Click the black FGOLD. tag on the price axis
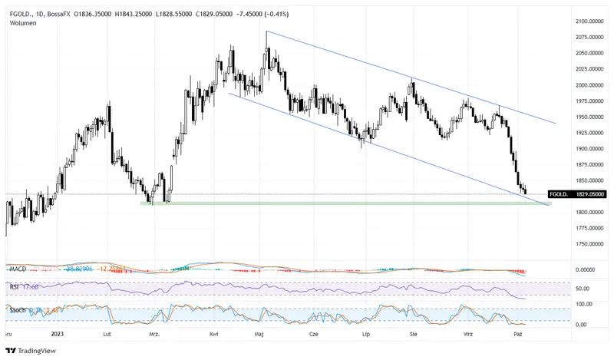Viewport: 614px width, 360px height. [558, 195]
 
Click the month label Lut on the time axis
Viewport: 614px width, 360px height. [107, 335]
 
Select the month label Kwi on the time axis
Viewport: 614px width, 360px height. [214, 335]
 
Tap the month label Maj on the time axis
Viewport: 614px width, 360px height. [260, 335]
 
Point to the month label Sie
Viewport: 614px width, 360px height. [414, 335]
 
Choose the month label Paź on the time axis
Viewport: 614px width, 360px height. [518, 335]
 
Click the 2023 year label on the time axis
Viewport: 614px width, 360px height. [57, 335]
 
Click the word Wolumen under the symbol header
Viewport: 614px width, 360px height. [24, 23]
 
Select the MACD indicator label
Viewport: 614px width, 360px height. [18, 269]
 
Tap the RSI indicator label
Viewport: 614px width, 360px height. [15, 287]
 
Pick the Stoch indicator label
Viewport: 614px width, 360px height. [17, 309]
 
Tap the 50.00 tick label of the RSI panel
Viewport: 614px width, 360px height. [583, 289]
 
